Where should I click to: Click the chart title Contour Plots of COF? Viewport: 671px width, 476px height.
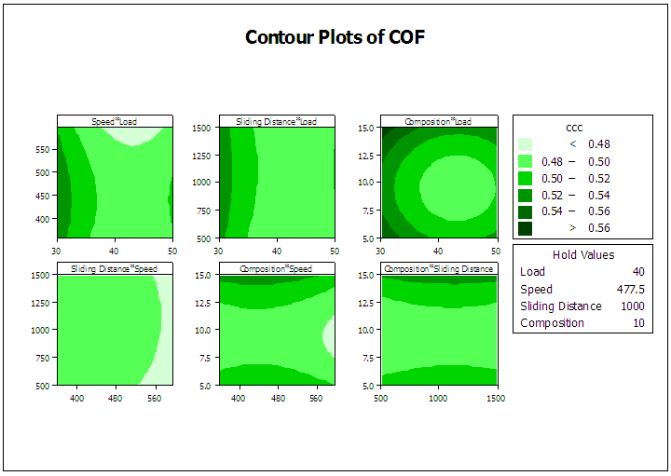335,37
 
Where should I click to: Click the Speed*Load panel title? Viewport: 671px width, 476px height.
115,121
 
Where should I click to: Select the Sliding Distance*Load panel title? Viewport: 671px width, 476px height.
277,121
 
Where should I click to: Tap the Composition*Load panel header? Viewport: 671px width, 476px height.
438,121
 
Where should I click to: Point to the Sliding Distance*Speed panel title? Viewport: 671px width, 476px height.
115,269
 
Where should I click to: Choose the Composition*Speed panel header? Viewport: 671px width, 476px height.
277,269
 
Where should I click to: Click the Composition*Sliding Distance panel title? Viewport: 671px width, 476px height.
438,269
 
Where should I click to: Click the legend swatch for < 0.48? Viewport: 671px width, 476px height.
527,144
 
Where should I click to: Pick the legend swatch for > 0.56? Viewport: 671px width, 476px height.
527,228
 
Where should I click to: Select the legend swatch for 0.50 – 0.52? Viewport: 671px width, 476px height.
527,178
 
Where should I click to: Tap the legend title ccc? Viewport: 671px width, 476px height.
574,128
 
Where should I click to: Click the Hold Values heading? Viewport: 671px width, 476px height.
583,254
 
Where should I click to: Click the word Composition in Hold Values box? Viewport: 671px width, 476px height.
553,323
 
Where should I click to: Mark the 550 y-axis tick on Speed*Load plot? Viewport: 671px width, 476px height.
43,149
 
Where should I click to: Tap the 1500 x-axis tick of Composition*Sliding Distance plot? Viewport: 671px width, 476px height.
495,398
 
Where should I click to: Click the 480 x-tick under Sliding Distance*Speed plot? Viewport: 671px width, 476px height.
116,398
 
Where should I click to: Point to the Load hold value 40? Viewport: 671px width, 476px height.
637,272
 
